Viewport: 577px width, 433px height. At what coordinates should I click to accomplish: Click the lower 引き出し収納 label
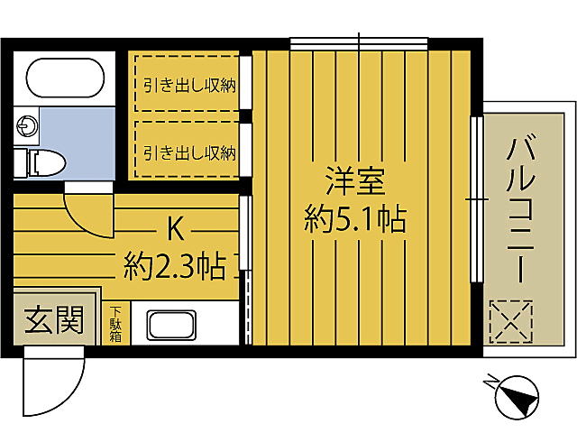point(189,151)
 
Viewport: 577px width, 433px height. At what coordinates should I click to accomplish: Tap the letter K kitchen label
point(176,230)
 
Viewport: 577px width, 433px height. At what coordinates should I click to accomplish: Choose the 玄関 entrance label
point(53,320)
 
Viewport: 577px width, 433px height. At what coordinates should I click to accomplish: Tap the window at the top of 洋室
point(359,42)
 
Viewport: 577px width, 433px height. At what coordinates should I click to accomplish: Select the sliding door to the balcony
point(476,198)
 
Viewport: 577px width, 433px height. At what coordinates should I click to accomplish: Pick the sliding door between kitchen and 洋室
point(244,271)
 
